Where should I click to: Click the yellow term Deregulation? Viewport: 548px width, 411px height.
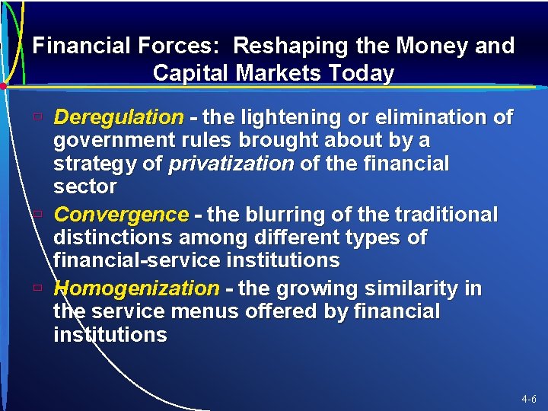point(119,117)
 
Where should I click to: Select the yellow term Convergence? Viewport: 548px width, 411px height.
point(121,214)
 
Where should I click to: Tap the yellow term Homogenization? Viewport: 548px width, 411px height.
point(136,288)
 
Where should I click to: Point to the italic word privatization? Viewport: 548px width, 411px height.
point(231,164)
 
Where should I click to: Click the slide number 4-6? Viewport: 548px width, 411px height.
point(529,399)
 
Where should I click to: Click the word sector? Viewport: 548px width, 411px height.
point(84,186)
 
